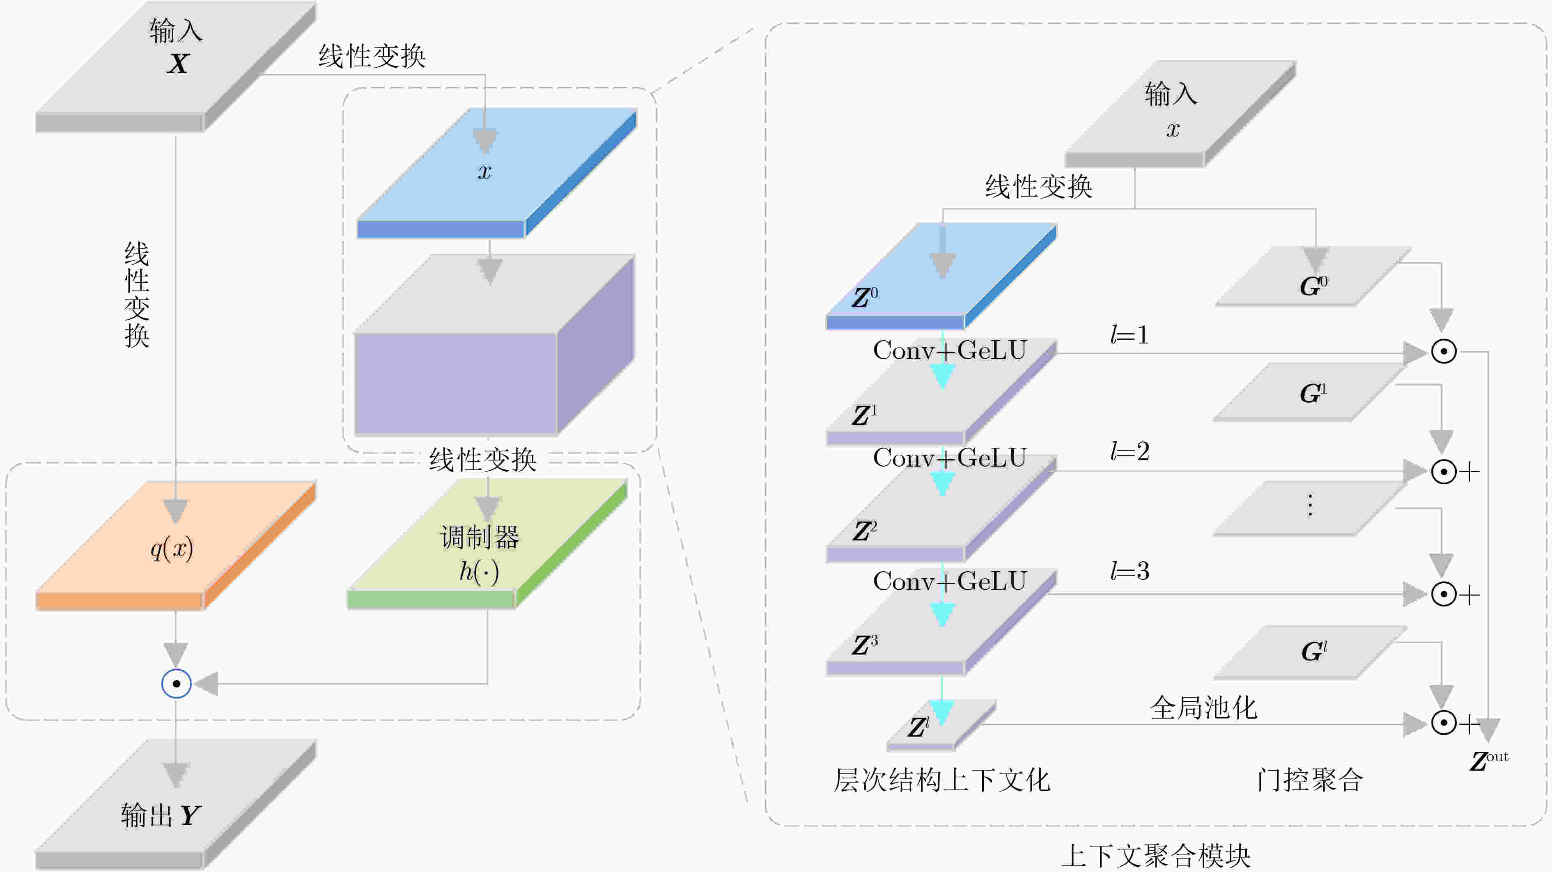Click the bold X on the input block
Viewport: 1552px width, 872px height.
(x=178, y=63)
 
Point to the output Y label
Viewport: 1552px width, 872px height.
(x=161, y=815)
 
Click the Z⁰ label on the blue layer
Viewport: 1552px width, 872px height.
(x=865, y=297)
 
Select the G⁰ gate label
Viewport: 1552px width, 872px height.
(x=1313, y=286)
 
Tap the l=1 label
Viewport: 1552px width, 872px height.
(x=1130, y=335)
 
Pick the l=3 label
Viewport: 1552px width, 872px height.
(x=1130, y=570)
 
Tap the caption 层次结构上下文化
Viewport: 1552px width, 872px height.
(x=942, y=780)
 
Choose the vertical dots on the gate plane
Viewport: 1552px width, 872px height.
(x=1310, y=505)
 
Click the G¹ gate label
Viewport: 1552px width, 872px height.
(x=1313, y=393)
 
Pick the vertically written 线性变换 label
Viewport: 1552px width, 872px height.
(x=137, y=295)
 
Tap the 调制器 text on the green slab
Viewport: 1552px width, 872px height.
(x=480, y=537)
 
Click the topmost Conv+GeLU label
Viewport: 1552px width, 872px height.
(x=950, y=350)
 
